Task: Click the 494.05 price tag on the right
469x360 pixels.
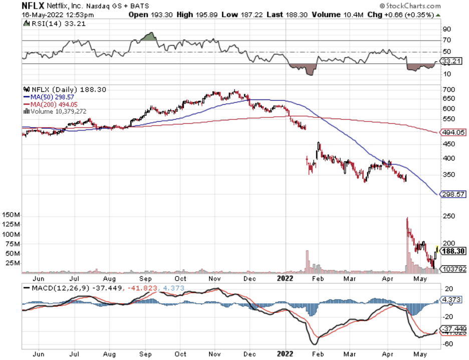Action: tap(452, 133)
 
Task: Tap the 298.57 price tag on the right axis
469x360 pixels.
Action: tap(452, 194)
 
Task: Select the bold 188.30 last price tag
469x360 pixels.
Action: tap(453, 251)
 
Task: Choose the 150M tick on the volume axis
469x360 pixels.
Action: tap(12, 215)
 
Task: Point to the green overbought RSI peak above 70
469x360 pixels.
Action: tap(147, 37)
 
